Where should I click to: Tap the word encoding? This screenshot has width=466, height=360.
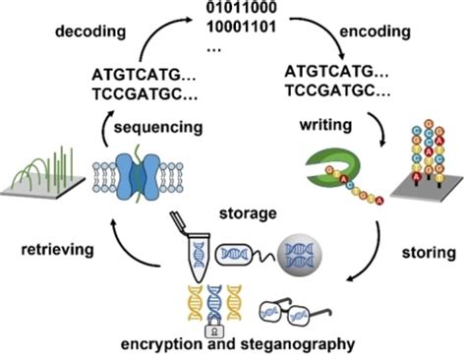click(375, 31)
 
